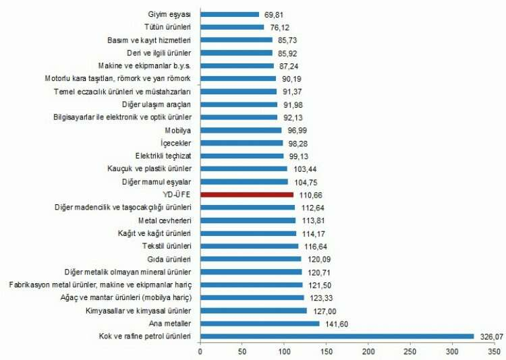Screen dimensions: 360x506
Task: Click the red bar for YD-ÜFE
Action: (x=247, y=194)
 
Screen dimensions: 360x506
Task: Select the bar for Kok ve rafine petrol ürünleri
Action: (x=337, y=336)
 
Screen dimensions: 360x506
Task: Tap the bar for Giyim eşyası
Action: (x=230, y=14)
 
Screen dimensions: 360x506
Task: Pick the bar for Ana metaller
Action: (x=260, y=323)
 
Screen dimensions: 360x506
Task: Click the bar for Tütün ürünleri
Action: (x=233, y=27)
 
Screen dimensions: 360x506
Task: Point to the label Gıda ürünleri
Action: (x=171, y=259)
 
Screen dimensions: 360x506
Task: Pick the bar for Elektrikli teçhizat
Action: (x=242, y=156)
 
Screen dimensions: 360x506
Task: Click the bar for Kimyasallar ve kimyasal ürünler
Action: (x=254, y=310)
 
